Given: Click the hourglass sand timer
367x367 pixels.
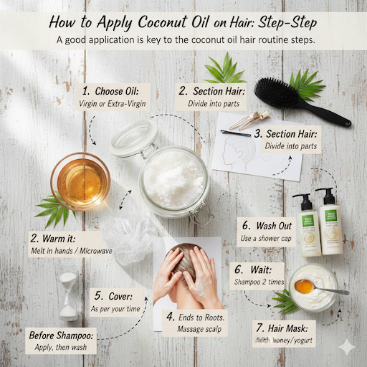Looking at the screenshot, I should pos(68,294).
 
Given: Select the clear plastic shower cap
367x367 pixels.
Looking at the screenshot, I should pos(132,240).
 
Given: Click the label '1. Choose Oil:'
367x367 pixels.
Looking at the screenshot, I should pos(115,91).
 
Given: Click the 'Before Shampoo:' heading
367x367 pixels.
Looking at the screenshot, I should pos(60,335).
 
